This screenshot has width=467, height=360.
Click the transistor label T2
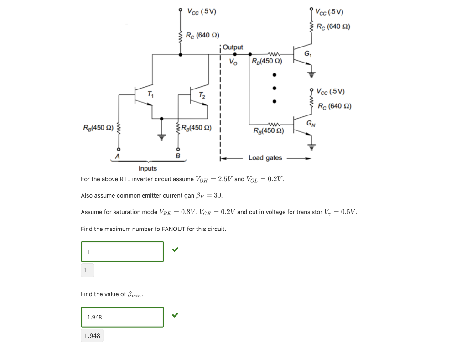click(202, 95)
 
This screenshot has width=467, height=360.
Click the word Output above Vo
click(233, 47)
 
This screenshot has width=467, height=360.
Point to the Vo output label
click(233, 63)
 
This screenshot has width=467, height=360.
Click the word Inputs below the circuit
click(148, 168)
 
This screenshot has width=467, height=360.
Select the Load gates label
click(265, 158)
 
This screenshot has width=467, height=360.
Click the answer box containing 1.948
click(122, 317)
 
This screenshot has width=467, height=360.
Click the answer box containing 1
click(122, 252)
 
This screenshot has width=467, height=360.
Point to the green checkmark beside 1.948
click(175, 315)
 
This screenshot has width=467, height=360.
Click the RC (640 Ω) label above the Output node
click(202, 35)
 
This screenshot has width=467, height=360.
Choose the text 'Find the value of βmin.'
click(112, 294)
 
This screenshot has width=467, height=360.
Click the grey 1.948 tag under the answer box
click(92, 336)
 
